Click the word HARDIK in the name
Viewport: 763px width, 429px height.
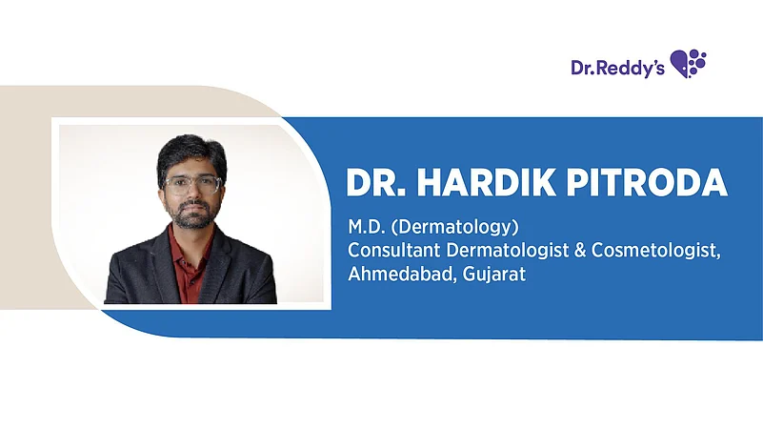[486, 183]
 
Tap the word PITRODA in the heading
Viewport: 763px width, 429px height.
[647, 183]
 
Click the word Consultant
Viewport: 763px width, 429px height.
[393, 250]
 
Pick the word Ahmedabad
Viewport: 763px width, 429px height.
[402, 274]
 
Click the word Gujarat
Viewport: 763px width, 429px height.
[494, 275]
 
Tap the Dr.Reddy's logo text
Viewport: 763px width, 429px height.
[617, 68]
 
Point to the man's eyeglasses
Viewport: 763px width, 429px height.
[192, 185]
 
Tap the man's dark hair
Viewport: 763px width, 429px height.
[191, 154]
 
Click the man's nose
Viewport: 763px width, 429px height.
[192, 194]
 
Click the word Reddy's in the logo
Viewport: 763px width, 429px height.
[631, 68]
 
